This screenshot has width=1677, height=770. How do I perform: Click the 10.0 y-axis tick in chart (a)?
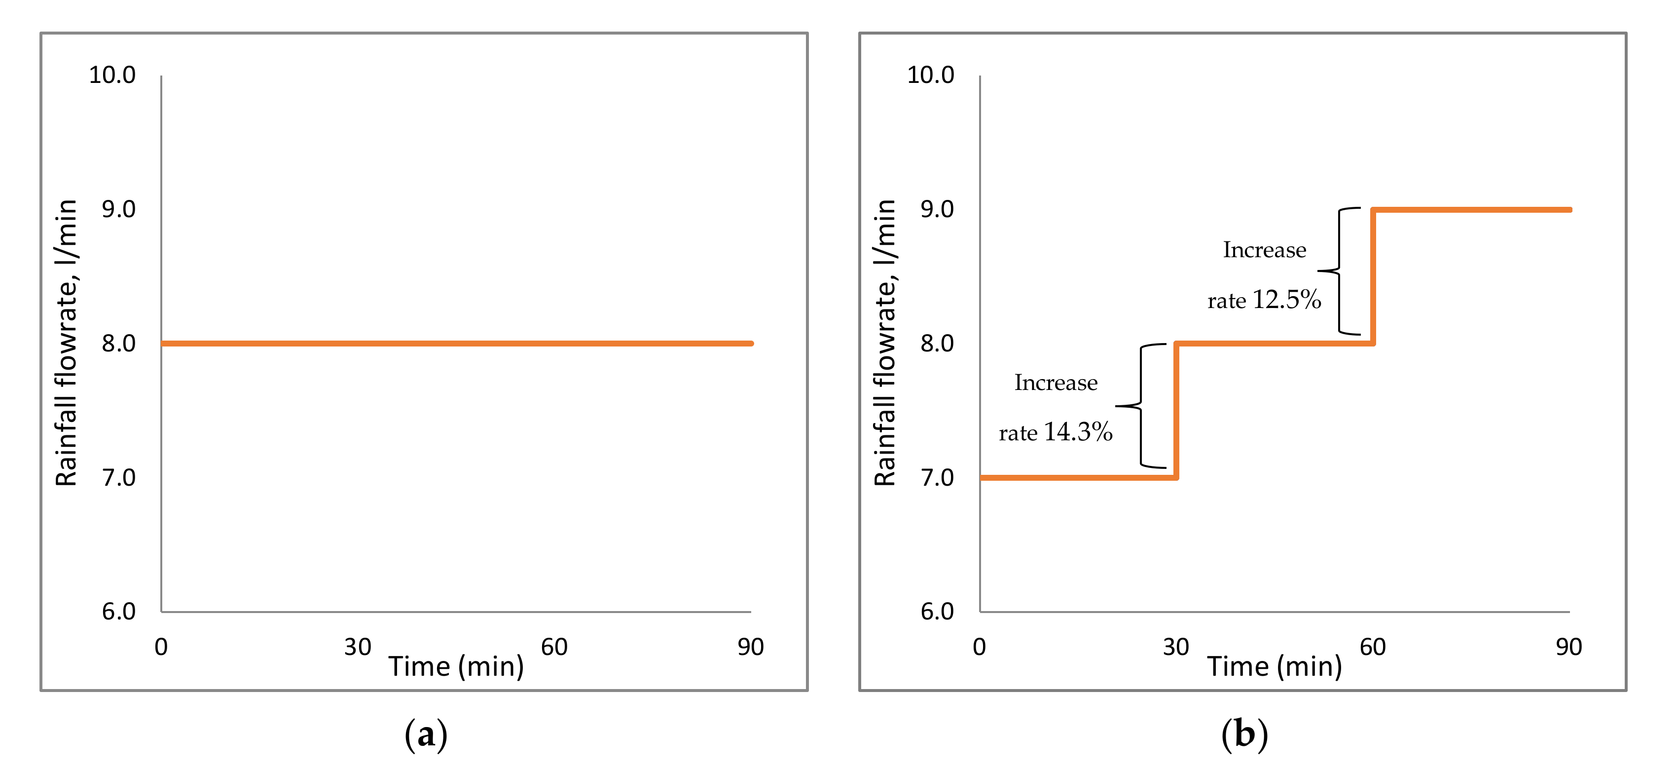(112, 75)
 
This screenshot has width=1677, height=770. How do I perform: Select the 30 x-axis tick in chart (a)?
(358, 647)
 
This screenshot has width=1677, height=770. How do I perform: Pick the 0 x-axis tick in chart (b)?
(979, 647)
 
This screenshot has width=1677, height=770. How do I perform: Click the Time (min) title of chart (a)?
(456, 666)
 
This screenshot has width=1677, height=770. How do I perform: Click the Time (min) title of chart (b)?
(1274, 666)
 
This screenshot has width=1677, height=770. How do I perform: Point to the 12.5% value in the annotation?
(1286, 300)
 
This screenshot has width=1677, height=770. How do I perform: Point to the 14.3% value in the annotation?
(1078, 432)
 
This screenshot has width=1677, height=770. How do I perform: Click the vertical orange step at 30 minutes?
(1176, 410)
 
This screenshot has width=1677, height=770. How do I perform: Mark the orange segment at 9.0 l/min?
(1471, 210)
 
